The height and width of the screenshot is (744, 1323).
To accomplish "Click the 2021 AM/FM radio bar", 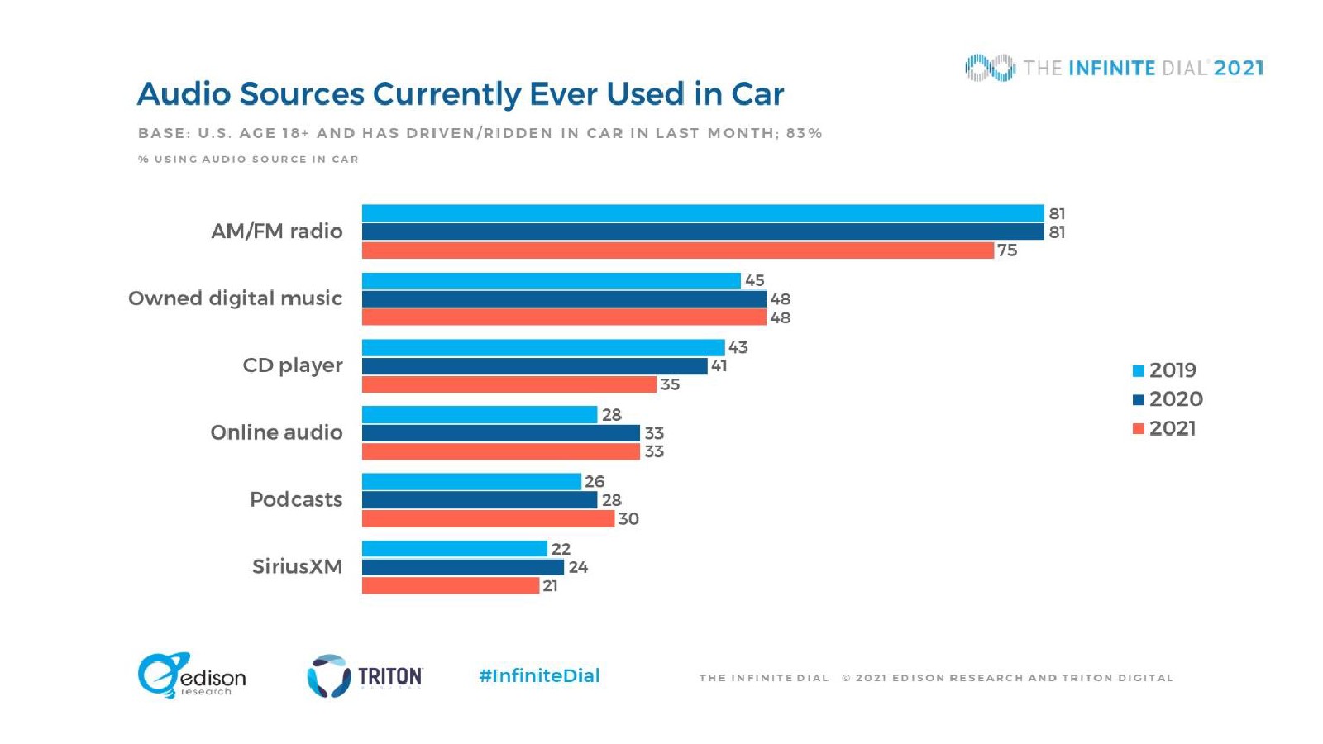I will (677, 250).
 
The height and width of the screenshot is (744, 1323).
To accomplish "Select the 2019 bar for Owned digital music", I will (551, 280).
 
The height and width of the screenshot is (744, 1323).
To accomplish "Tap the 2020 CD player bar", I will (534, 366).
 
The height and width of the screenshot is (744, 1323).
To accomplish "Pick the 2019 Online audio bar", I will (479, 415).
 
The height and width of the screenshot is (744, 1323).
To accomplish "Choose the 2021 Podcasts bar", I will (488, 519).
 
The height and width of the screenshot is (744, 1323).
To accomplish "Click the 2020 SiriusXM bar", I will (462, 567).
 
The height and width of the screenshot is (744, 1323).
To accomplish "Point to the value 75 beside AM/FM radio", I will (1007, 250).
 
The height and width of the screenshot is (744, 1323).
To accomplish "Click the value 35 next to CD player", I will (670, 384).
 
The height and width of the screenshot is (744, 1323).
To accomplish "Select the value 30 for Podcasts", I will (628, 519).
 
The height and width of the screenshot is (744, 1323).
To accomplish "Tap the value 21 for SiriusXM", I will (550, 586).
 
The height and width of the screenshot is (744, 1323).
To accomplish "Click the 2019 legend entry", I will (1164, 370).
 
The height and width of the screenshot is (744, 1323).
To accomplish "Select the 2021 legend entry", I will (1164, 428).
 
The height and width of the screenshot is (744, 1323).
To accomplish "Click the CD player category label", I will (292, 365).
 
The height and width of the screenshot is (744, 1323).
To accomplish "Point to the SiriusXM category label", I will (297, 566).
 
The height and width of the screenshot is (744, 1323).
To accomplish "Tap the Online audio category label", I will (276, 432).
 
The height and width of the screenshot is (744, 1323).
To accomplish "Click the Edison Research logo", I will (192, 675).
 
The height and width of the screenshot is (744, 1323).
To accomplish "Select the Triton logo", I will (365, 676).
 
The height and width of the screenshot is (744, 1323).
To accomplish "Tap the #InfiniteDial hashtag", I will (539, 675).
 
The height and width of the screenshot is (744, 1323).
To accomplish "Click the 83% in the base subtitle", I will (804, 133).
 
